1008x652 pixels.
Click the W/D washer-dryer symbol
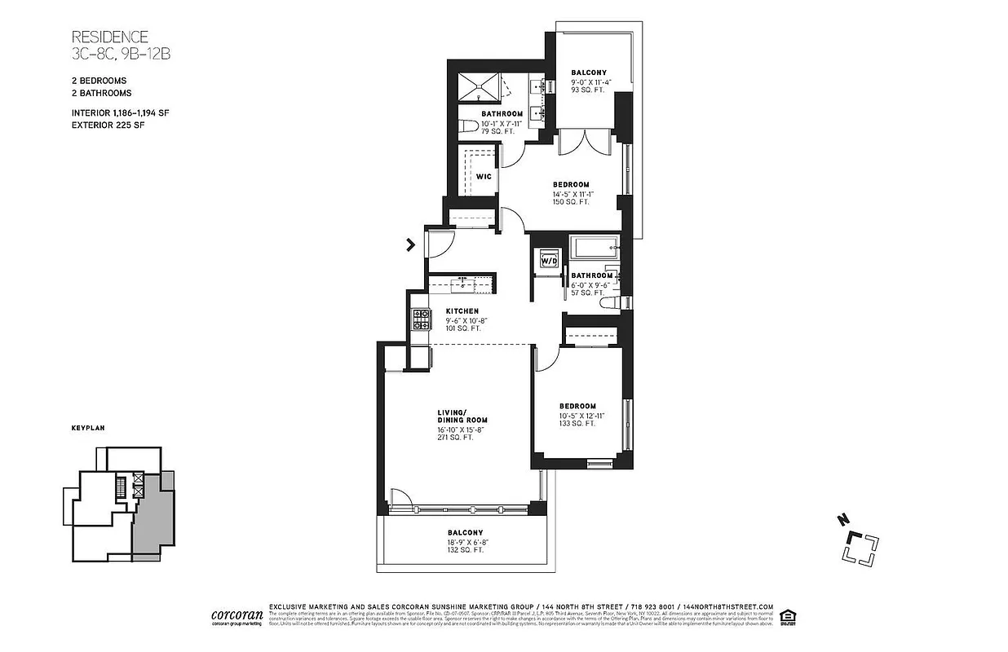pyautogui.click(x=548, y=260)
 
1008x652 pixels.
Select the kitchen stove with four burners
pyautogui.click(x=420, y=319)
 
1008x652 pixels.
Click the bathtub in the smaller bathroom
pyautogui.click(x=593, y=247)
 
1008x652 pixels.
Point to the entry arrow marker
pyautogui.click(x=410, y=243)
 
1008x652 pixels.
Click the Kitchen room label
pyautogui.click(x=462, y=311)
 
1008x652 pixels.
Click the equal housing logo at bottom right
pyautogui.click(x=788, y=615)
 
